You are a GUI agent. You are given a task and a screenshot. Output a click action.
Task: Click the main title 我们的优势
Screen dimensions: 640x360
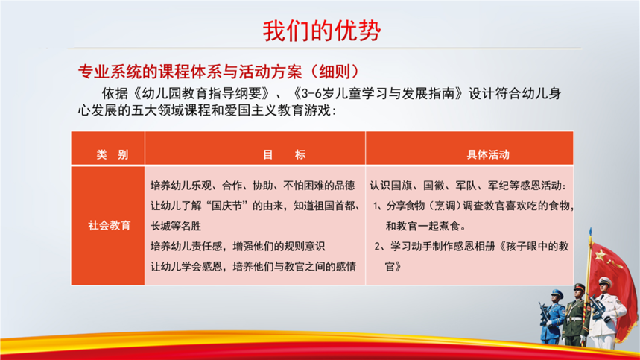[x=322, y=31]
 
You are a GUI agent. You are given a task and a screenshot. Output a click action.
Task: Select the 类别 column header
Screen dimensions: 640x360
[x=113, y=155]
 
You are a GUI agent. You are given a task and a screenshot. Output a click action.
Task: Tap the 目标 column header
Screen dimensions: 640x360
[x=284, y=155]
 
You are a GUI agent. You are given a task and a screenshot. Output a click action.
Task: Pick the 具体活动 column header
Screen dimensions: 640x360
[x=488, y=155]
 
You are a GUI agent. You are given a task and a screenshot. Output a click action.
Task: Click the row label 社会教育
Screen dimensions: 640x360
[x=109, y=225]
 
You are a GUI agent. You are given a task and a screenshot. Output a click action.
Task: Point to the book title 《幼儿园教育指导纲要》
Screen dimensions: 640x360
[x=201, y=93]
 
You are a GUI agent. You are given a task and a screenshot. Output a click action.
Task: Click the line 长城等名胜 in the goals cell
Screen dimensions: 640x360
[x=176, y=226]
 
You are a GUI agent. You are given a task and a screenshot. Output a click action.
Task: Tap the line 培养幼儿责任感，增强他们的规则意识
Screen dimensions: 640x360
[x=238, y=246]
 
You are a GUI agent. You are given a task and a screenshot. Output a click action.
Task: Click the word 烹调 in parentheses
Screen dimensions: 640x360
[x=445, y=206]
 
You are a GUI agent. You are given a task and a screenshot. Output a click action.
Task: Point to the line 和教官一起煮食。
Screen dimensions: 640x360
[x=426, y=226]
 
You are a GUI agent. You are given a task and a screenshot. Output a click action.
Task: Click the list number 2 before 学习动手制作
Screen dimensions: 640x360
[x=378, y=247]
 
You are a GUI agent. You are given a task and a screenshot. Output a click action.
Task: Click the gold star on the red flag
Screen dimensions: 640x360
[x=600, y=256]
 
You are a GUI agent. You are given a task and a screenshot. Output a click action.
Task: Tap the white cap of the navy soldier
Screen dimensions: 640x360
[x=604, y=281]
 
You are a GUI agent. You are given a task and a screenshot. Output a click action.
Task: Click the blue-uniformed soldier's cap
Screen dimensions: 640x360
[x=557, y=293]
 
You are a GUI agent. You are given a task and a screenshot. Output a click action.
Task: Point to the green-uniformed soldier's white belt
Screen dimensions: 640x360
[x=575, y=319]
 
